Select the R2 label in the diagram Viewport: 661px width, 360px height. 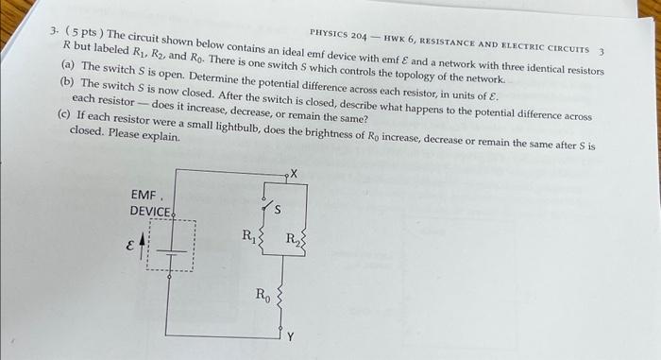[x=294, y=237]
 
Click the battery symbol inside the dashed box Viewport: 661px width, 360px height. [x=170, y=248]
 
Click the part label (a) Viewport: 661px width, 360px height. [x=68, y=68]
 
